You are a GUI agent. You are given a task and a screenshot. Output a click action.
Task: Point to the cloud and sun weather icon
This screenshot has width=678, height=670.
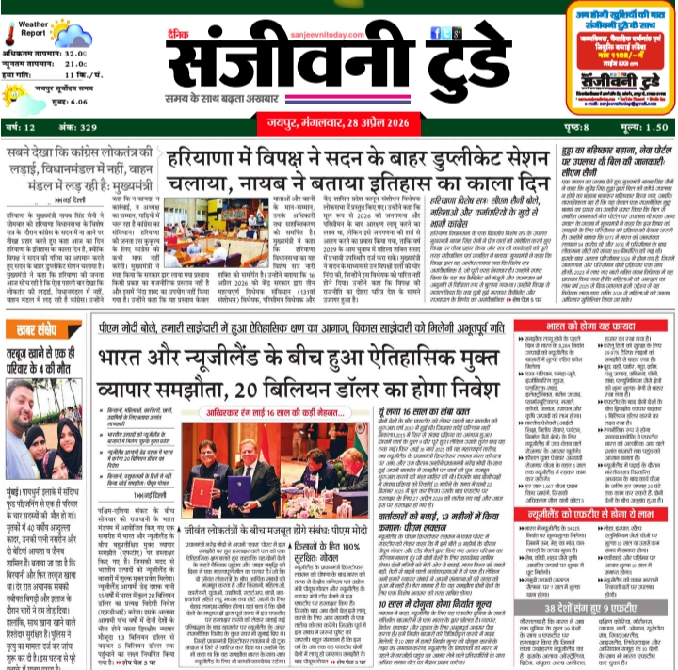click(x=68, y=37)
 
